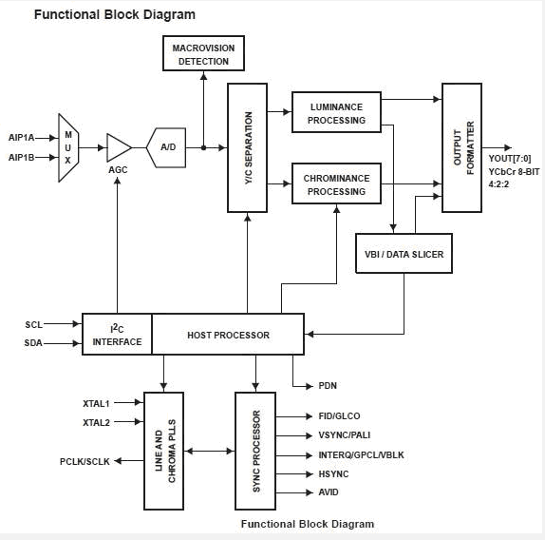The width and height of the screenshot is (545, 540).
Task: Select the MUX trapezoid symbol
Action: tap(68, 147)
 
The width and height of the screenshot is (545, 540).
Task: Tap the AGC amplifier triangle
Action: tap(118, 147)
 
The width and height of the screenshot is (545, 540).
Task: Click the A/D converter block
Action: tap(167, 147)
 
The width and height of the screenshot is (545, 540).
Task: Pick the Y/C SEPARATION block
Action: tap(247, 147)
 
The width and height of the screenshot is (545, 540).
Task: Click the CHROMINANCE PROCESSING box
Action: tap(336, 183)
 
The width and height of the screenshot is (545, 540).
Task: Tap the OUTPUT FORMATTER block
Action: tap(461, 147)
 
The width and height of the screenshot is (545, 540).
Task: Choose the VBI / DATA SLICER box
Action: tap(404, 254)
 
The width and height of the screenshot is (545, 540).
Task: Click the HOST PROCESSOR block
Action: tap(228, 335)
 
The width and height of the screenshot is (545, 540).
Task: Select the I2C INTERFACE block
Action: tap(117, 335)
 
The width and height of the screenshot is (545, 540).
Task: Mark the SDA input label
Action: tap(34, 342)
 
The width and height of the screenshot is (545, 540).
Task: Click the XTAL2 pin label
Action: tap(97, 422)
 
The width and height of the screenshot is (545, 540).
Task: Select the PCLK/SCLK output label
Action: tap(85, 461)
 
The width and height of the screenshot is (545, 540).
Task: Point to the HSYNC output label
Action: tap(334, 473)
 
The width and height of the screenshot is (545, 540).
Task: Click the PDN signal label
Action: tap(329, 386)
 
